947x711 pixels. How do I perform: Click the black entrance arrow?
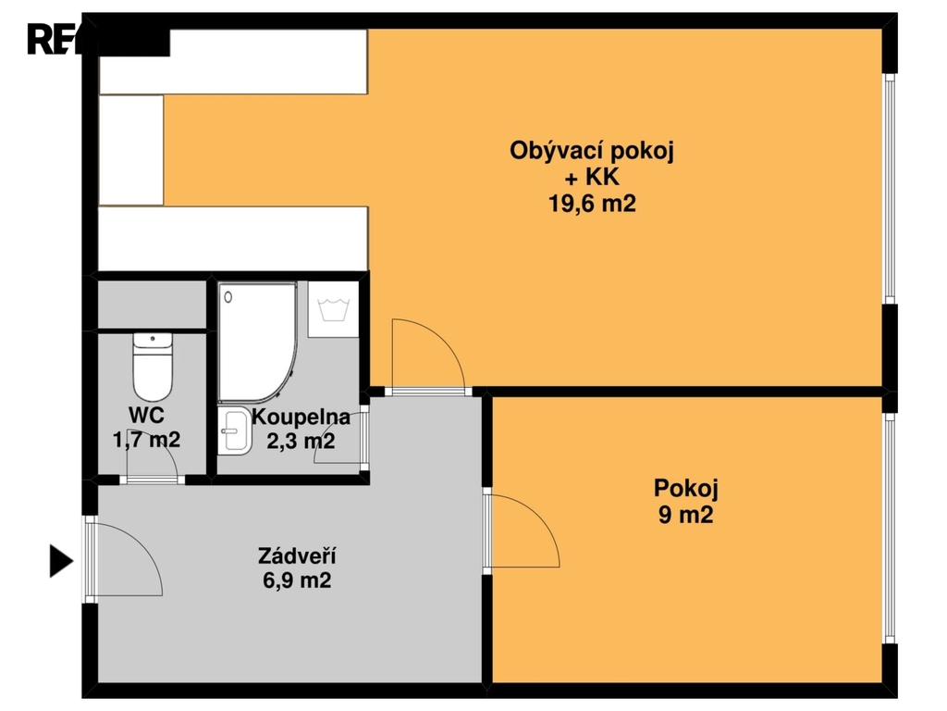60,561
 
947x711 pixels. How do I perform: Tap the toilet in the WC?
154,366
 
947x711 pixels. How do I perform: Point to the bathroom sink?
236,432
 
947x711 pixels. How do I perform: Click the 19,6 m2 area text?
592,204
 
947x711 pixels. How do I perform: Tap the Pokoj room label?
685,488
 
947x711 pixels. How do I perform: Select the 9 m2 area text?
685,516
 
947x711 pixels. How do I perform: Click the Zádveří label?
296,556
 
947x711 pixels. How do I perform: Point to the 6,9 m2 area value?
296,581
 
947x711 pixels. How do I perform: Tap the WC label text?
146,415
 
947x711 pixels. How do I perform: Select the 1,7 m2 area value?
146,440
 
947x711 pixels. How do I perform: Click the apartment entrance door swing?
125,560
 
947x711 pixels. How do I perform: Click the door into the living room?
424,357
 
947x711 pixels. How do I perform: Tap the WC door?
153,468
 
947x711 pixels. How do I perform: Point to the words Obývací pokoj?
592,151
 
